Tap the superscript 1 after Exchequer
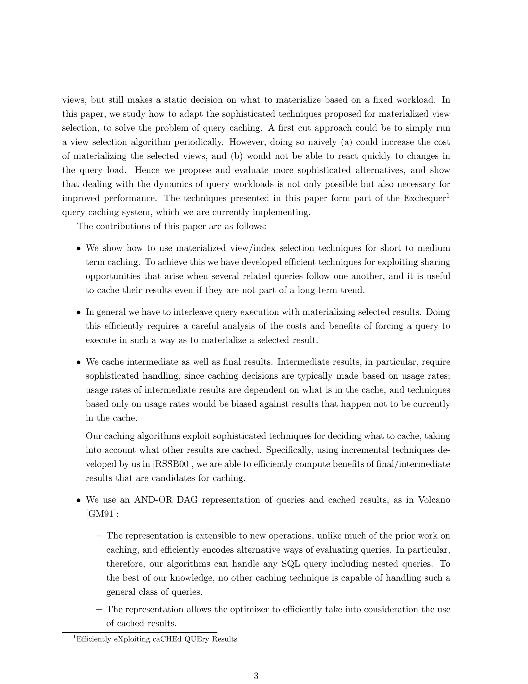pos(448,196)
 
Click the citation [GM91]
pos(102,514)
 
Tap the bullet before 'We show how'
pos(79,249)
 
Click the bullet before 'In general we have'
pos(79,313)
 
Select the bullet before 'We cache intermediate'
pos(79,362)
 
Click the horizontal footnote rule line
pos(139,632)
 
